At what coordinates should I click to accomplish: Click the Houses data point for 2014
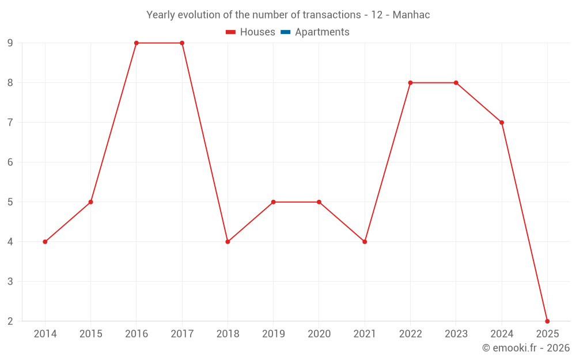coord(45,242)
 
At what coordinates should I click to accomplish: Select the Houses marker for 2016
coord(137,43)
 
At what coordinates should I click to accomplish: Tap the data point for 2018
coord(228,242)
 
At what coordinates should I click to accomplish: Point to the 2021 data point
coord(365,242)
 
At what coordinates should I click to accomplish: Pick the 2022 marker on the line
coord(410,83)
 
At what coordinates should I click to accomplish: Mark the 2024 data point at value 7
coord(502,123)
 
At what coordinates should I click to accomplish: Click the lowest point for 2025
coord(547,321)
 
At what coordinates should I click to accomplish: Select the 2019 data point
coord(273,202)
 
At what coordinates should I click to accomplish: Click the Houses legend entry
coord(251,32)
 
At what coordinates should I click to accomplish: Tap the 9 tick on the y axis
coord(10,43)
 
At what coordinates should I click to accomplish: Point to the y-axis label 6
coord(10,162)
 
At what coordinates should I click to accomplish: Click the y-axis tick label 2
coord(10,321)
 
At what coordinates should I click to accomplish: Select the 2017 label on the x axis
coord(182,334)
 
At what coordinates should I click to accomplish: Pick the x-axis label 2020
coord(319,334)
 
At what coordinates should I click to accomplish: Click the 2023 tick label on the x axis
coord(456,334)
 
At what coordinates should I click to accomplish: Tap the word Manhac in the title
coord(411,15)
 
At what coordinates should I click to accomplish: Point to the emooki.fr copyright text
coord(526,348)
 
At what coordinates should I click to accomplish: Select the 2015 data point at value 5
coord(90,202)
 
